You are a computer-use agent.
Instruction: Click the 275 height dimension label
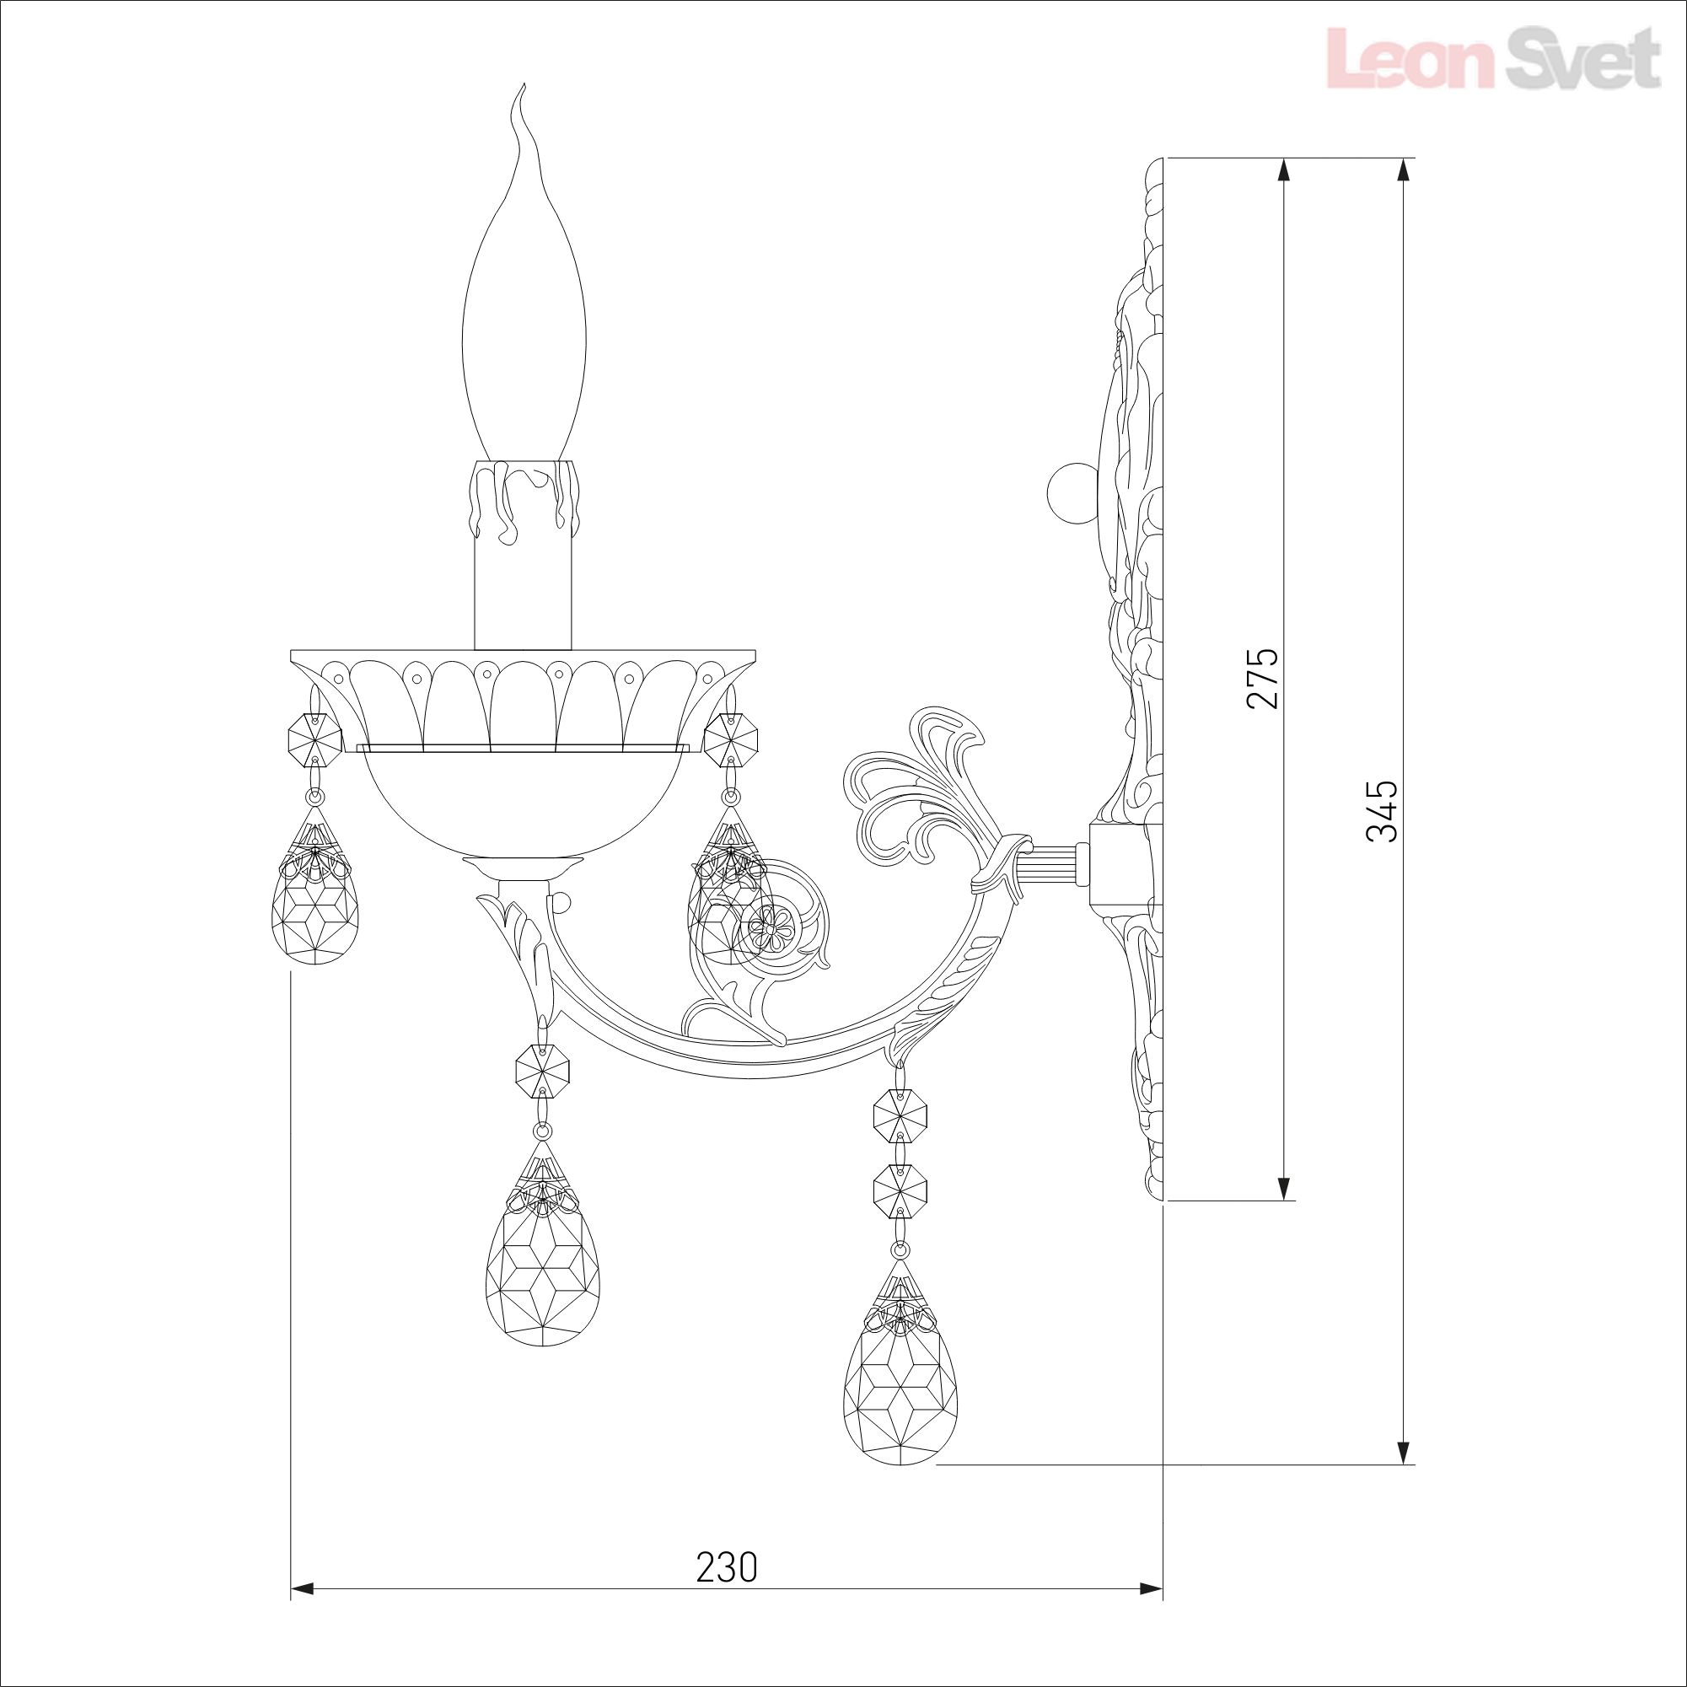tap(1264, 679)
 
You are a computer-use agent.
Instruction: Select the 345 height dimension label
tap(1383, 810)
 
